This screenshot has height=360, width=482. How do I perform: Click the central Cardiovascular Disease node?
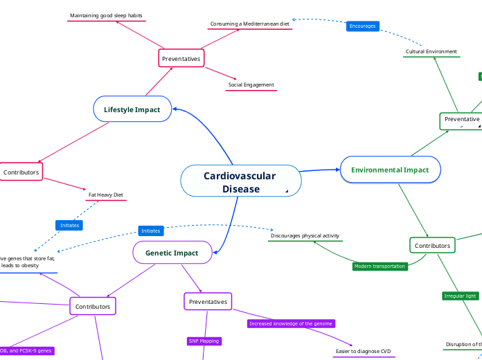click(240, 182)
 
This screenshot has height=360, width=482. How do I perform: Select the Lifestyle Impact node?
click(132, 109)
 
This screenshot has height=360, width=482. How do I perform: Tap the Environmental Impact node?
click(390, 170)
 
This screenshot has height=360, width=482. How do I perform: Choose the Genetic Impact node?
click(172, 253)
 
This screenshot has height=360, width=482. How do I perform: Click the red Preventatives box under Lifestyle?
click(181, 59)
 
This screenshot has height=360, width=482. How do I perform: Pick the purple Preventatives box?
click(208, 302)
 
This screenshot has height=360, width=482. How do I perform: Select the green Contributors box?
click(432, 246)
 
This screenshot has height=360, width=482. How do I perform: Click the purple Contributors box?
click(93, 305)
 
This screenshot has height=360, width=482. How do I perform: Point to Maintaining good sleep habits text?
click(106, 15)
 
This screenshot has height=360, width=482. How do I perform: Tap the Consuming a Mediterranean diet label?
click(249, 24)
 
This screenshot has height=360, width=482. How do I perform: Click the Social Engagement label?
click(251, 85)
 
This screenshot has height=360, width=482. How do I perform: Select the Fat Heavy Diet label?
click(105, 195)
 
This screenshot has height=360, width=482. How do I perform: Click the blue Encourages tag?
click(362, 26)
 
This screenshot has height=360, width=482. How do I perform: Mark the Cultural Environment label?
click(431, 51)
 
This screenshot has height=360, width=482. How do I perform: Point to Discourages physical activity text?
click(305, 236)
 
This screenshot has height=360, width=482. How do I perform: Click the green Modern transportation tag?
click(380, 266)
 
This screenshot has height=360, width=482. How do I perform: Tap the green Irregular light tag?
click(460, 296)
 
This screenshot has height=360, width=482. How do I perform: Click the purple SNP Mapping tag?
click(204, 341)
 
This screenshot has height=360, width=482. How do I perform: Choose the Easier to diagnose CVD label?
click(364, 351)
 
